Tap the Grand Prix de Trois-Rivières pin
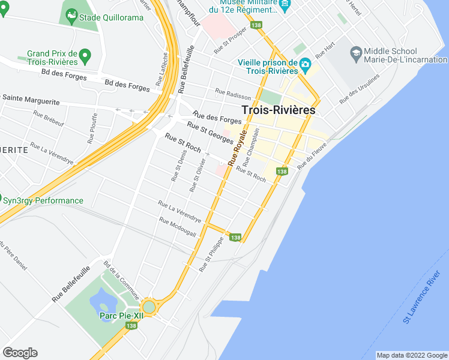[85, 58]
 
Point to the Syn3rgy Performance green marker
[5, 200]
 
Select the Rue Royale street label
[237, 148]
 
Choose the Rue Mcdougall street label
[178, 226]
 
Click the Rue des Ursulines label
[360, 89]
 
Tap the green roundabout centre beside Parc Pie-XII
[149, 307]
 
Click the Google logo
[20, 352]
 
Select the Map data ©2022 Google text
[411, 355]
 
